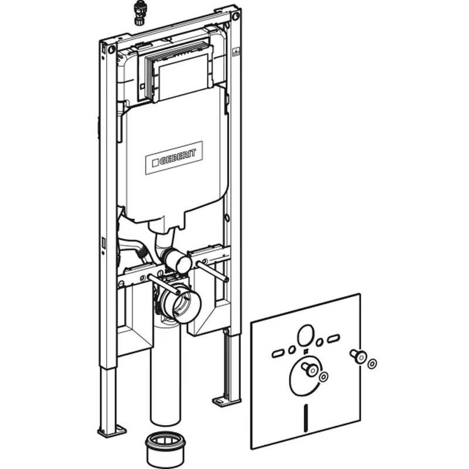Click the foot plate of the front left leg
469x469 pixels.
(x=111, y=430)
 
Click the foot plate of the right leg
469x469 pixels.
(x=225, y=400)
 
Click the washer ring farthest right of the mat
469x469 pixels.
(x=372, y=363)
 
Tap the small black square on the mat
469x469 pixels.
(x=305, y=352)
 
